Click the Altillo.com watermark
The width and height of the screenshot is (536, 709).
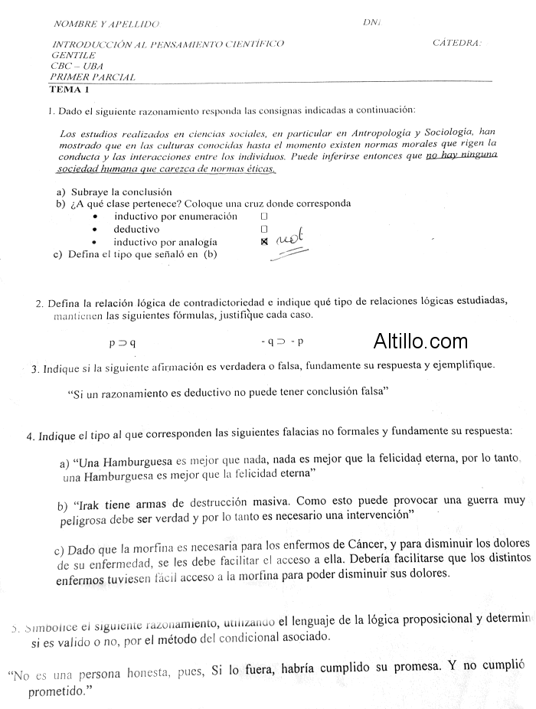(420, 341)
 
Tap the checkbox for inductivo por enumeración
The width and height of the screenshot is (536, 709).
(263, 217)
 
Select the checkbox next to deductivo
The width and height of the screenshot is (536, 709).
(263, 229)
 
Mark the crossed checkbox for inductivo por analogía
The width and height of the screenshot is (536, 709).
(264, 242)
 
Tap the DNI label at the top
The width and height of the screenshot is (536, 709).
(372, 22)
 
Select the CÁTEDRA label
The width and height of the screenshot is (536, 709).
(456, 44)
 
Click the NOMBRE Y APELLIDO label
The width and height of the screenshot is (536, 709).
(106, 25)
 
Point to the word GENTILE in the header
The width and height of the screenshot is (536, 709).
(74, 55)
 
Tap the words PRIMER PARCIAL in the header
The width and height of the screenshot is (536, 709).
(93, 77)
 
